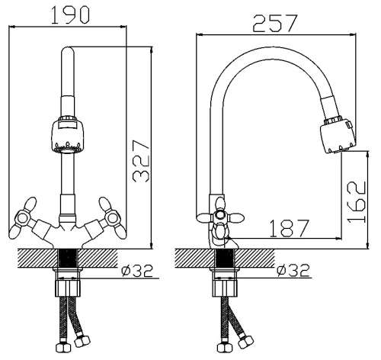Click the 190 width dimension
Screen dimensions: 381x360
tap(71, 15)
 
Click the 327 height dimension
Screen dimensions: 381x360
tap(141, 161)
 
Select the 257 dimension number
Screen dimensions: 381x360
tap(275, 23)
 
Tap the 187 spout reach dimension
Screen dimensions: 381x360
tap(289, 228)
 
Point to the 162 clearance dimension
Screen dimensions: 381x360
tap(357, 202)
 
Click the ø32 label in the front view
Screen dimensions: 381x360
tap(137, 271)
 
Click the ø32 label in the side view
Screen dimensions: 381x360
tap(294, 271)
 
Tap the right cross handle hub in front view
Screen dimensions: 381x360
tap(112, 218)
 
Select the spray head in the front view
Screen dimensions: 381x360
tap(68, 135)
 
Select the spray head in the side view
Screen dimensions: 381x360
tap(338, 136)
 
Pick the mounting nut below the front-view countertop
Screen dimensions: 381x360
tap(68, 288)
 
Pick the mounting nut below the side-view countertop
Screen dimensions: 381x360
tap(225, 288)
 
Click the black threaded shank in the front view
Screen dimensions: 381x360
tap(68, 258)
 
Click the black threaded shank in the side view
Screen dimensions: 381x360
tap(225, 258)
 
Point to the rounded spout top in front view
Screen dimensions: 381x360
tap(68, 51)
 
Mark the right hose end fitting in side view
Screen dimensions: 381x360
tap(245, 342)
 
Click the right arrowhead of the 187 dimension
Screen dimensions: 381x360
tap(338, 239)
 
